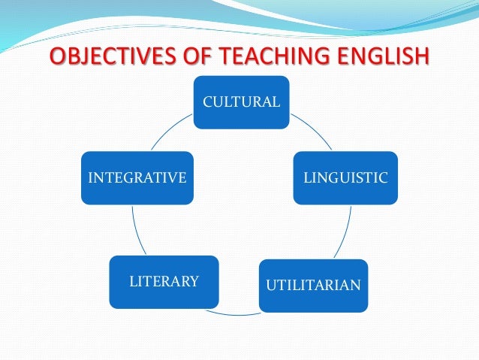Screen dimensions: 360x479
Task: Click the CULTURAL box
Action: pos(241,102)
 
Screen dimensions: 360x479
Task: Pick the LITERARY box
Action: pos(164,282)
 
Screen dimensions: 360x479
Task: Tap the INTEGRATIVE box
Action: pos(137,178)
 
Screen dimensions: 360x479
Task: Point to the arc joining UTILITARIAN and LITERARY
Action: pos(239,313)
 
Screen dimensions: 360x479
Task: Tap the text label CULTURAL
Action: pos(241,101)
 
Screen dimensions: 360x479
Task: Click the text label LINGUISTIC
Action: pos(345,178)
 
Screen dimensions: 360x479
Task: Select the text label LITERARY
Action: pos(164,282)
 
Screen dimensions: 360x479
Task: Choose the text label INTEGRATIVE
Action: pos(137,178)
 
